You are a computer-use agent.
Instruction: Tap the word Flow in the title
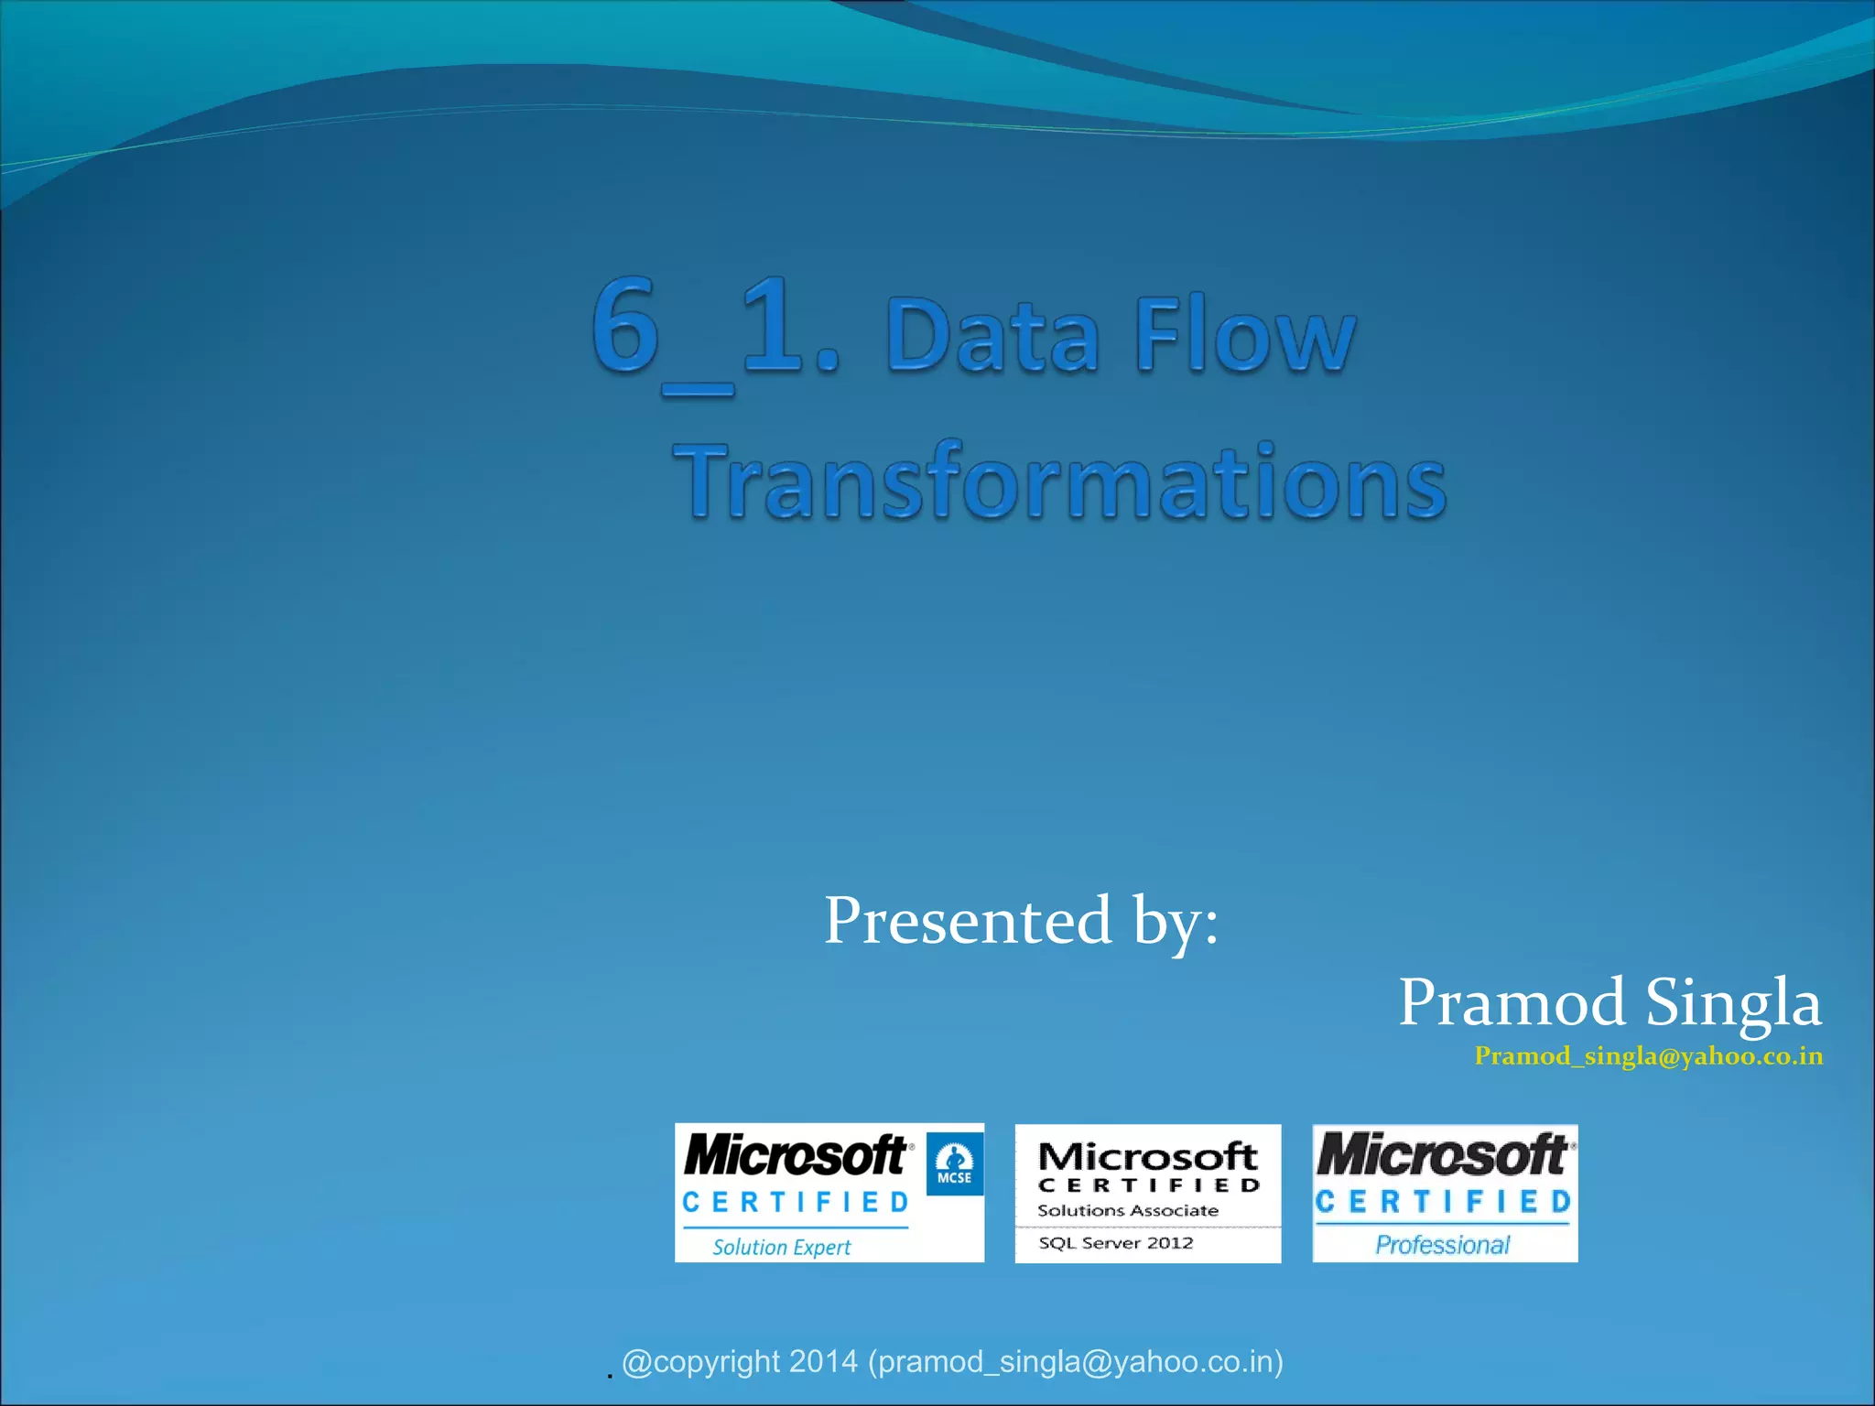pyautogui.click(x=1245, y=335)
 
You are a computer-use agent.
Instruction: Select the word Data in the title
pyautogui.click(x=992, y=337)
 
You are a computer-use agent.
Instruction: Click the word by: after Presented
pyautogui.click(x=1176, y=921)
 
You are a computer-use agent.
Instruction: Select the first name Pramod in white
pyautogui.click(x=1512, y=1002)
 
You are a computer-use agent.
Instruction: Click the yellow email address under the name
pyautogui.click(x=1648, y=1056)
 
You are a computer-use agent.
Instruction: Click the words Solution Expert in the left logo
pyautogui.click(x=781, y=1247)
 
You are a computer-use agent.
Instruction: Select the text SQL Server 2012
pyautogui.click(x=1115, y=1243)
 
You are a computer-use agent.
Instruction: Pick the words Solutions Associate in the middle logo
pyautogui.click(x=1127, y=1210)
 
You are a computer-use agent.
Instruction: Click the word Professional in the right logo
pyautogui.click(x=1442, y=1245)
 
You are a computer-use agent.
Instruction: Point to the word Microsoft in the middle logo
pyautogui.click(x=1147, y=1156)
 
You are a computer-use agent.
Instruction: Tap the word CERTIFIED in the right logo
pyautogui.click(x=1443, y=1201)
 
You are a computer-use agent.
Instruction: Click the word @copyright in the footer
pyautogui.click(x=701, y=1362)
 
